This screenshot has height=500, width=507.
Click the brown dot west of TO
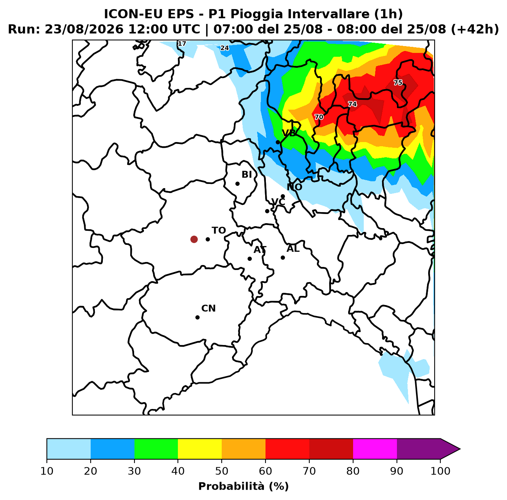click(x=194, y=239)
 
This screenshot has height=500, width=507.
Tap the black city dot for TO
click(x=208, y=239)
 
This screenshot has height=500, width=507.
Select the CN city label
click(x=208, y=308)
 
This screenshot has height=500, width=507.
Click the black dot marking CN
click(x=197, y=317)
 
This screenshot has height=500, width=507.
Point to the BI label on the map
click(x=246, y=174)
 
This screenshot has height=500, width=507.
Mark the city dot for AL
click(x=283, y=258)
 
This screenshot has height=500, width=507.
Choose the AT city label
click(x=260, y=250)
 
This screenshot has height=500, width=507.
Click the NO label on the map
click(x=294, y=187)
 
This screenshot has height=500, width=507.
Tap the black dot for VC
click(x=267, y=211)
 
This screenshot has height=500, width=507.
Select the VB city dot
click(x=278, y=142)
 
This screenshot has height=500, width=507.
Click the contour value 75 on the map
click(x=398, y=83)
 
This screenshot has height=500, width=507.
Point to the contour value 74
click(x=352, y=104)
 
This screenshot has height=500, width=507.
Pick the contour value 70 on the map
click(x=319, y=117)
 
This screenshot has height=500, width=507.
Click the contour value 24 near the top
click(x=224, y=48)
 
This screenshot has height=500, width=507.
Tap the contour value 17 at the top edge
click(x=182, y=44)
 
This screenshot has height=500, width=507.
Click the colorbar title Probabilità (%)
click(x=243, y=486)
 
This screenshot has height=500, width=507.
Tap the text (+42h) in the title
click(x=475, y=29)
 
